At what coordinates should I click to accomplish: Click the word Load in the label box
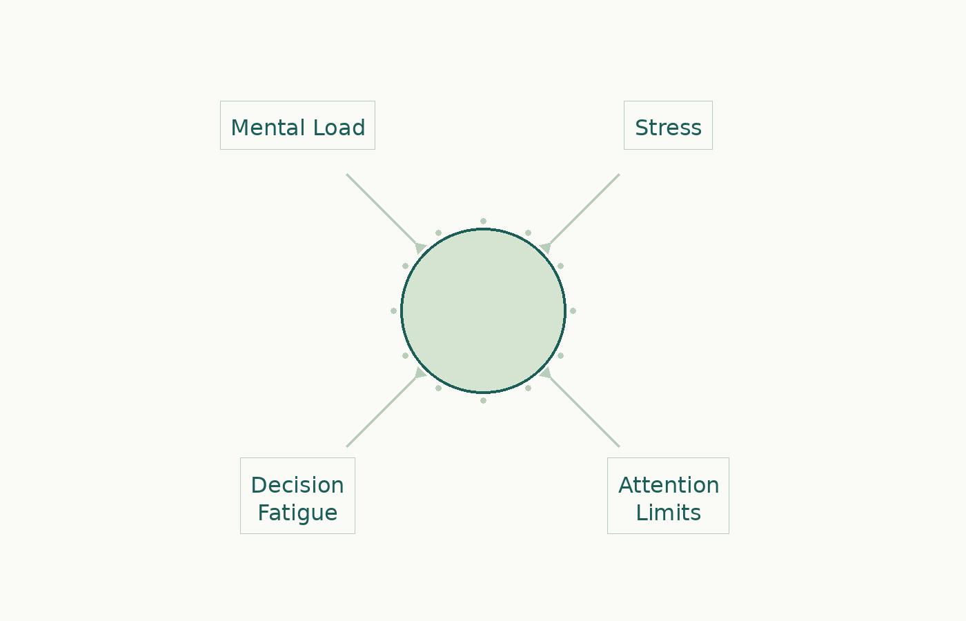(339, 128)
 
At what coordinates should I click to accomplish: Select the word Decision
(297, 485)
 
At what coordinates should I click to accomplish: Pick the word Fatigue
(297, 513)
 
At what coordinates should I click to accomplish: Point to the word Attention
(668, 485)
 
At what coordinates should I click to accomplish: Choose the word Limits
(668, 513)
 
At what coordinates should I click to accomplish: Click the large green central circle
(483, 310)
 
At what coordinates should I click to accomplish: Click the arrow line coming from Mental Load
(379, 207)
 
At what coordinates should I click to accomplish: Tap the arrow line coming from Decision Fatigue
(379, 414)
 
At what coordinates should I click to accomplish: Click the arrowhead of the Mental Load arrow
(420, 248)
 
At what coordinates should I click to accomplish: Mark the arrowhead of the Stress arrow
(546, 248)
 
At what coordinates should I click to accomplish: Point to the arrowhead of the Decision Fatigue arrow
(420, 373)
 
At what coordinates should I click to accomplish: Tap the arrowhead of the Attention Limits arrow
(546, 373)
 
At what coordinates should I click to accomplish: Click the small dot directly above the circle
(483, 221)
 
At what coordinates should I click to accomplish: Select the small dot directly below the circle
(483, 400)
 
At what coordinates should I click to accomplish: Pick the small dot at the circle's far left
(393, 310)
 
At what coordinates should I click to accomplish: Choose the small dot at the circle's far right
(573, 310)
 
